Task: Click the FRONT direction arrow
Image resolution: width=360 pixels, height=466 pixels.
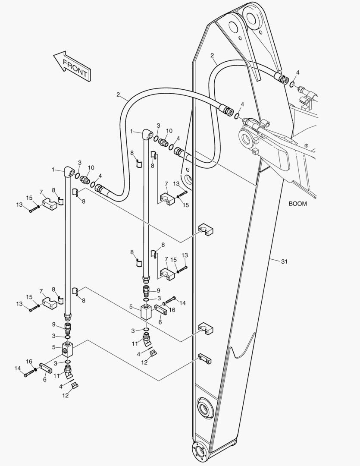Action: [x=71, y=66]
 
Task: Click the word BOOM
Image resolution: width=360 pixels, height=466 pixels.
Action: [x=297, y=204]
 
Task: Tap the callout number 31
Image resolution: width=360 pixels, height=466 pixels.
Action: [x=284, y=261]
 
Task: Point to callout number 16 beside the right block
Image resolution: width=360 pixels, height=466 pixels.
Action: [x=172, y=309]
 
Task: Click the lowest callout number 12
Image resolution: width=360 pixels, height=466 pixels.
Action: [x=65, y=395]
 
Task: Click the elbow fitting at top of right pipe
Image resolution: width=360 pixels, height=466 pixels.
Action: [x=148, y=136]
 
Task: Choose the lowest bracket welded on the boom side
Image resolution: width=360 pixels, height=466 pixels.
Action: [x=204, y=359]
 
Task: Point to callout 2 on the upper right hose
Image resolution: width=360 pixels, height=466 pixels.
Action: [x=212, y=55]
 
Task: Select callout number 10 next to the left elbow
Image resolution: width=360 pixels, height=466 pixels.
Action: [x=91, y=167]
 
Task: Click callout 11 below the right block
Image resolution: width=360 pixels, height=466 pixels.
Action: [x=135, y=343]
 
